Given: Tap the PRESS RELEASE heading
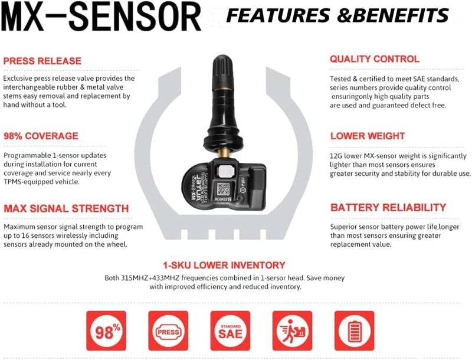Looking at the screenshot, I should [x=42, y=60].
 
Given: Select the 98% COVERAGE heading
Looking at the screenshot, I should [x=40, y=136].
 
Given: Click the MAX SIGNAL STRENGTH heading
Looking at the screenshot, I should [x=65, y=208].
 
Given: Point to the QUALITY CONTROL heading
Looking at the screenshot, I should [x=374, y=59].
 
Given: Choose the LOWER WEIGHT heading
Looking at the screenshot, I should [x=367, y=136].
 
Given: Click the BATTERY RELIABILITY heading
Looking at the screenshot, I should [x=388, y=208].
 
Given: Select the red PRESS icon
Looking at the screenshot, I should [x=168, y=330].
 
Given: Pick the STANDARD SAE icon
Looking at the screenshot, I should [x=230, y=330].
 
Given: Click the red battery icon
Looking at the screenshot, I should [x=354, y=330].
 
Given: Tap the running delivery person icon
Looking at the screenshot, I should [x=291, y=330].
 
